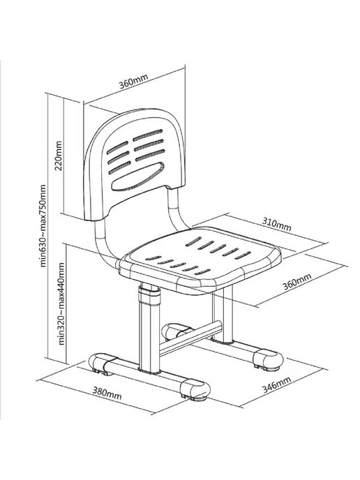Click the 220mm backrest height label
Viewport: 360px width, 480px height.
pyautogui.click(x=59, y=156)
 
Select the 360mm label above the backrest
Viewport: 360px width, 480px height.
pyautogui.click(x=133, y=81)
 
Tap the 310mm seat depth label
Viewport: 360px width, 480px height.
pyautogui.click(x=276, y=225)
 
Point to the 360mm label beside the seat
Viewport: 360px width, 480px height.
pyautogui.click(x=297, y=282)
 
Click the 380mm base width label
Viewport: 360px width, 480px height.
pyautogui.click(x=107, y=393)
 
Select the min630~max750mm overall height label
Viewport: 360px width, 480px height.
pyautogui.click(x=43, y=225)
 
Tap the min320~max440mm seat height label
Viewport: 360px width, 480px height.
pyautogui.click(x=61, y=303)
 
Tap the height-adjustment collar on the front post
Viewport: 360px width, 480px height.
pyautogui.click(x=150, y=294)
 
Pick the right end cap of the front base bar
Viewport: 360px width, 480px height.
pyautogui.click(x=195, y=389)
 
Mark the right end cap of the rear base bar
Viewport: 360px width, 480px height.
pyautogui.click(x=268, y=358)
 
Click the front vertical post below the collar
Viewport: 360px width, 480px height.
pyautogui.click(x=150, y=337)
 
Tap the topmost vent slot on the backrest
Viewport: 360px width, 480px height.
pyautogui.click(x=148, y=135)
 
